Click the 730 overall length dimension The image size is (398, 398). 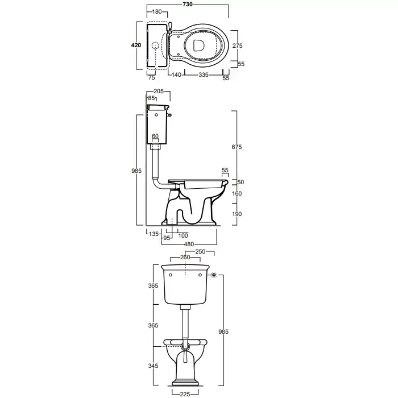[188, 5]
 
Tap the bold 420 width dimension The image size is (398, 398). [136, 45]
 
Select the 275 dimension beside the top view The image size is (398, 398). [237, 45]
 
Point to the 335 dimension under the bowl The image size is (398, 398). [204, 74]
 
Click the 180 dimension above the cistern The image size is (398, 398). [157, 11]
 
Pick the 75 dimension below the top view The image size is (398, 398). [152, 78]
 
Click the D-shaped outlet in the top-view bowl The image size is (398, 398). [198, 45]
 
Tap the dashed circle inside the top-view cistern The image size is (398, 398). [155, 45]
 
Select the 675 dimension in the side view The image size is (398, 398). [237, 147]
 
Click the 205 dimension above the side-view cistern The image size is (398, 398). [159, 92]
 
